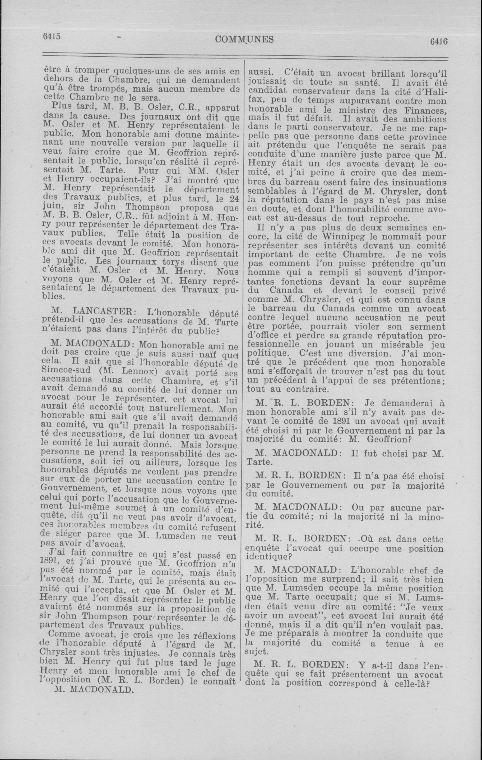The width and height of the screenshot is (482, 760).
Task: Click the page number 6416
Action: point(438,41)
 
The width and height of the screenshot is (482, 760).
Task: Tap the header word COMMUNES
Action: point(245,39)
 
